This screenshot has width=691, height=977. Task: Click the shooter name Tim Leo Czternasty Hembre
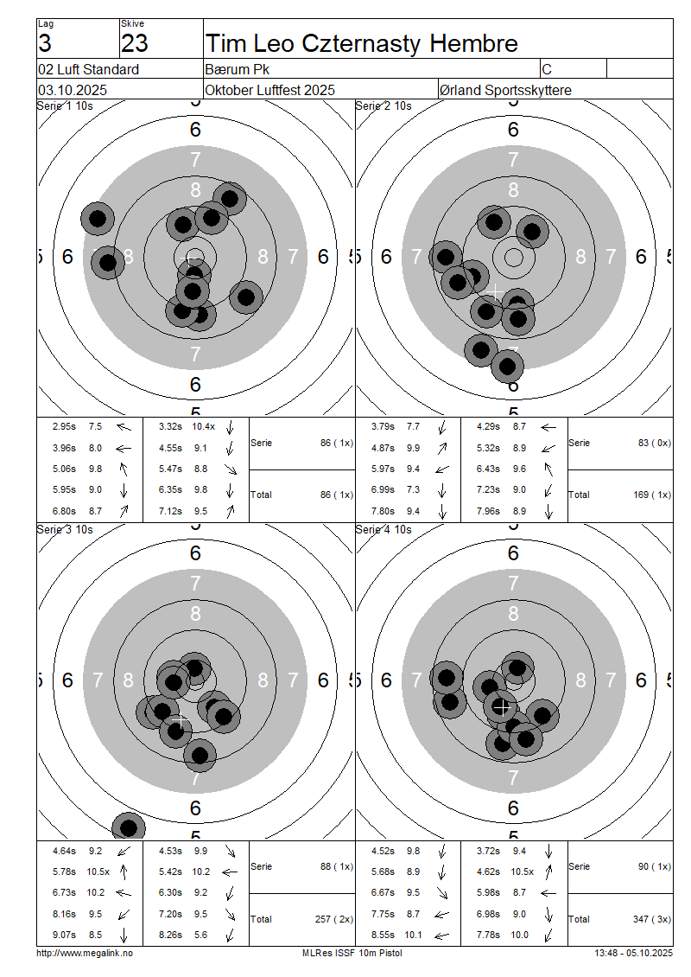coord(362,43)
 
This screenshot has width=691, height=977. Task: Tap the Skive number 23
coord(135,43)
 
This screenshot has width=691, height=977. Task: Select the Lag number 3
coord(45,43)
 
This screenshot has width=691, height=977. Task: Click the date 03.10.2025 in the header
coord(73,90)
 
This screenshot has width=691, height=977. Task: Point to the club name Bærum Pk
coord(238,69)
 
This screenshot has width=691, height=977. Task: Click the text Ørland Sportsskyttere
coord(505,90)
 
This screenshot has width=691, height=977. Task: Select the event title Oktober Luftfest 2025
coord(270,90)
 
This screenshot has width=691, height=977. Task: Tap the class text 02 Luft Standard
coord(89,69)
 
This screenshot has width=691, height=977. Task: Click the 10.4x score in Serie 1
coord(204,427)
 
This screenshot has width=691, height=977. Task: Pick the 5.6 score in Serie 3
coord(200,935)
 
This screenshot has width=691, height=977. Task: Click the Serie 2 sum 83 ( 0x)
coord(654,443)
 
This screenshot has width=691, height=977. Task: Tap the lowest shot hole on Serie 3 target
coord(128,828)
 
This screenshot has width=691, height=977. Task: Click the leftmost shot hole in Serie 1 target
coord(98,219)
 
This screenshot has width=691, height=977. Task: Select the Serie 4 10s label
coord(384,530)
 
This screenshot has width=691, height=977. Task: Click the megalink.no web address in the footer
coord(85,954)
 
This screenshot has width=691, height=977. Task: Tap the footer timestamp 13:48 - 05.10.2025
coord(634,954)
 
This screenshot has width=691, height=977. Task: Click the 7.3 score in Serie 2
coord(414,489)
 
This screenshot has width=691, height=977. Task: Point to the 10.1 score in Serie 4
coord(414,935)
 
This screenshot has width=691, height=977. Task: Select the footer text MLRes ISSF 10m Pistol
coord(352,954)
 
